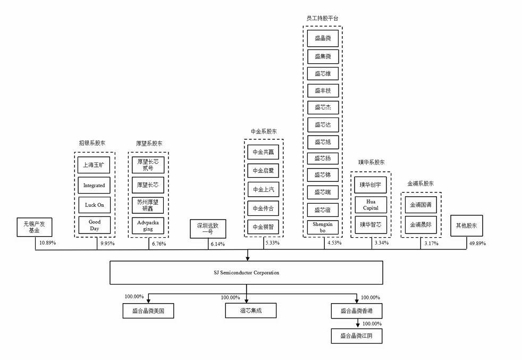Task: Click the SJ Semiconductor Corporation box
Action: (246, 272)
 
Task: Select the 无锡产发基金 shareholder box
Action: (34, 228)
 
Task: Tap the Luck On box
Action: (95, 205)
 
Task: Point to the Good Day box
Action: (95, 225)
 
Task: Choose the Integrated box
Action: (95, 186)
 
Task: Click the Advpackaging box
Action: (148, 225)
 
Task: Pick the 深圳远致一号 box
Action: (208, 229)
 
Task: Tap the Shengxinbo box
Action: (323, 227)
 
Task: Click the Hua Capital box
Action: (371, 205)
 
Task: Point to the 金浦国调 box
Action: (421, 205)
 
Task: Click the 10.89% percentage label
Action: (47, 243)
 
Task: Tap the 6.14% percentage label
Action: (217, 244)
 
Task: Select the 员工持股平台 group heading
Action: (323, 18)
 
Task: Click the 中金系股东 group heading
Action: (264, 131)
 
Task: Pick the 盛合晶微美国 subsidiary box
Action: (148, 311)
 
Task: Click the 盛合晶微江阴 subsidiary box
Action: (357, 336)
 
